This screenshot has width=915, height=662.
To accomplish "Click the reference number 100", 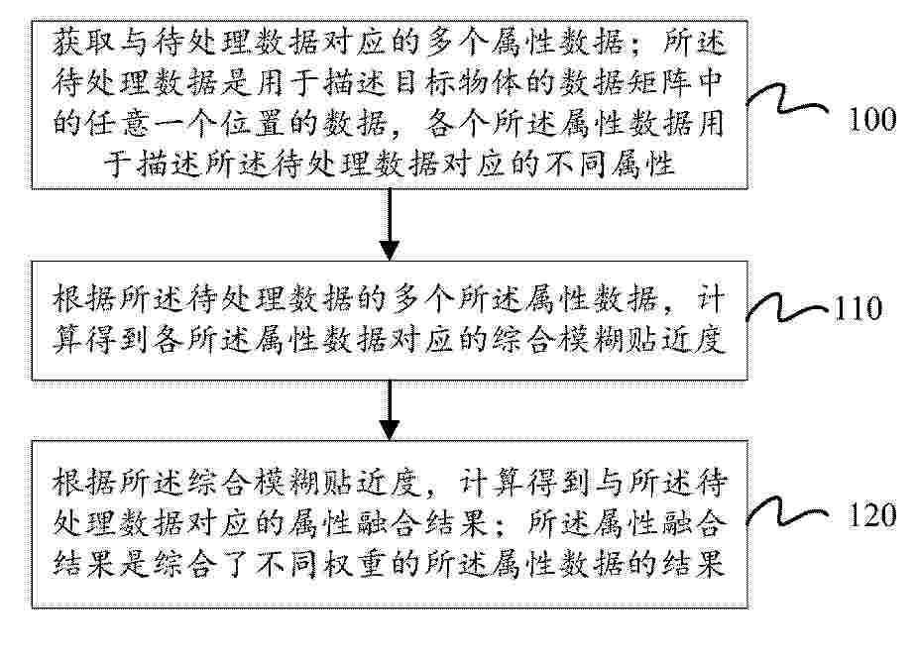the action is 871,120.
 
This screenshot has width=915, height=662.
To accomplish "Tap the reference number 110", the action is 858,309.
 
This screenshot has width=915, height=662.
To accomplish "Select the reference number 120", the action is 871,515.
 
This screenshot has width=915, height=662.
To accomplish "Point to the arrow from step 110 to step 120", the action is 390,410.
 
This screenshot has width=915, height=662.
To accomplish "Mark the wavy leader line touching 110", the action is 788,307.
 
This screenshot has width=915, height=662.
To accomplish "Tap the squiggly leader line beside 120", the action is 788,512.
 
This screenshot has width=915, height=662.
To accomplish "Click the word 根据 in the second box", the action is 84,299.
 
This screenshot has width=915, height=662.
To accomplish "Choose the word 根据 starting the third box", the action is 84,483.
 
